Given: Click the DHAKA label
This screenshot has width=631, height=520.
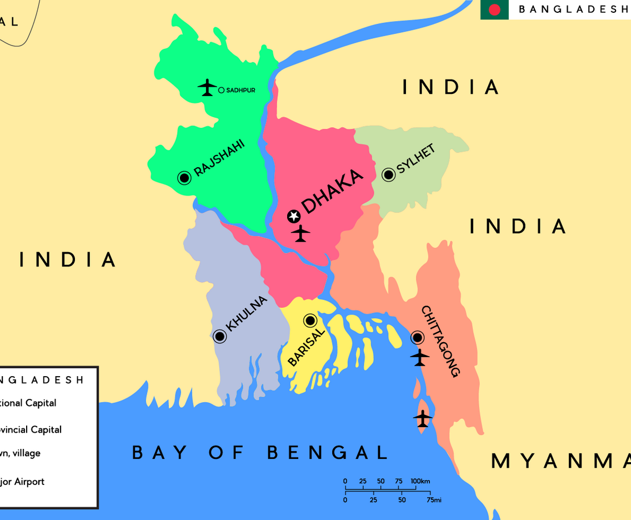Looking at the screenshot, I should [x=332, y=191].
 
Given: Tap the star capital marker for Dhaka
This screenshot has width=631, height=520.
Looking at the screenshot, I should [x=294, y=216].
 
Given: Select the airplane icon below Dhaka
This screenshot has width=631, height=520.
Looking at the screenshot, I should [x=301, y=233].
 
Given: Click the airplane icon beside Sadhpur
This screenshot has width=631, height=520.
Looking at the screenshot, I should [x=207, y=87].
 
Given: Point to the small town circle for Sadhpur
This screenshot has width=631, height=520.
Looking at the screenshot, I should [x=221, y=90].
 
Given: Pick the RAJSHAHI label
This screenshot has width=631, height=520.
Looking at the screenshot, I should [x=219, y=158].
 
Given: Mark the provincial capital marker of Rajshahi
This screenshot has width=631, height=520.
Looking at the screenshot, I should [x=184, y=178].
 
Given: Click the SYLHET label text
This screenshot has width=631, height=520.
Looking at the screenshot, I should [x=416, y=159].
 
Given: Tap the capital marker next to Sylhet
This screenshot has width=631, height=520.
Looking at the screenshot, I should [x=389, y=175].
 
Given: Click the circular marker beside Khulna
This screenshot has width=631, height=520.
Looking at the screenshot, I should [x=220, y=336].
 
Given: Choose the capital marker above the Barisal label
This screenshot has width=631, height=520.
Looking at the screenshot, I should [x=310, y=320].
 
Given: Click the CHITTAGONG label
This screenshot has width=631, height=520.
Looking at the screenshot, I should [x=441, y=341].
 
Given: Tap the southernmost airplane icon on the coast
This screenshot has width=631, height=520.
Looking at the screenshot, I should [x=423, y=418].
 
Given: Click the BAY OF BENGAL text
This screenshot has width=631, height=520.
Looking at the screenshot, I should [x=259, y=452].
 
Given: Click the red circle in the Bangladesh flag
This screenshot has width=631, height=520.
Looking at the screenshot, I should [x=494, y=9].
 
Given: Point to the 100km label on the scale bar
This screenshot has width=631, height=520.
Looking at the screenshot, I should [x=420, y=481].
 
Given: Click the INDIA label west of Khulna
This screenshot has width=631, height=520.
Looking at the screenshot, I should [x=68, y=259].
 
